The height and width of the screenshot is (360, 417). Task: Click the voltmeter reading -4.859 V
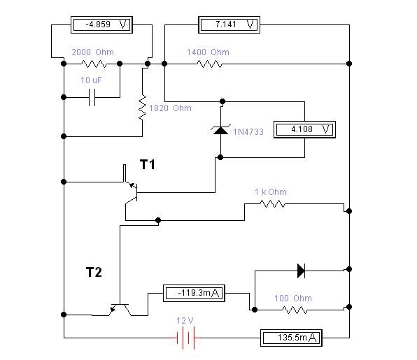click(101, 24)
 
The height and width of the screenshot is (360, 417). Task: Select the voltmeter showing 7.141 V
click(229, 24)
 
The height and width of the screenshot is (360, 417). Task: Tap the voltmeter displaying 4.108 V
click(304, 129)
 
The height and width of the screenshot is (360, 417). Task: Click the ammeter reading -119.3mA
click(194, 294)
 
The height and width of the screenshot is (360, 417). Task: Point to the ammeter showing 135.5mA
click(291, 338)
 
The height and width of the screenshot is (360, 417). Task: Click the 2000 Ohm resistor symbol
click(94, 64)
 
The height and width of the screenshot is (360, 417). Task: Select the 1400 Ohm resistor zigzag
click(209, 64)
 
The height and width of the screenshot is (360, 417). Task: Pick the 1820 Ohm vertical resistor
click(143, 108)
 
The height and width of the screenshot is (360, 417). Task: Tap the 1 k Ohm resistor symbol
click(272, 204)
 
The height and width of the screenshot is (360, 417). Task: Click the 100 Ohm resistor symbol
click(295, 310)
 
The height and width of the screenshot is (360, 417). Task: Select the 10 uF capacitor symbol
click(92, 97)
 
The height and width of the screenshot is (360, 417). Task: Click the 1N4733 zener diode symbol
click(220, 129)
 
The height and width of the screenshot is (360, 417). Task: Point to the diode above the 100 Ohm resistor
click(301, 271)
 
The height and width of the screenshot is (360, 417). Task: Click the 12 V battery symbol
click(186, 338)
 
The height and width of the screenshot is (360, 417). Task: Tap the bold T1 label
click(148, 165)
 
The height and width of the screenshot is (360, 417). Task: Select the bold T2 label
click(94, 273)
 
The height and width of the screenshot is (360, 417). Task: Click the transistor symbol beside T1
click(130, 192)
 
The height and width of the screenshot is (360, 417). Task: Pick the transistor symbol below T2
click(120, 310)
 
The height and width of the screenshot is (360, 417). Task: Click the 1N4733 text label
click(248, 132)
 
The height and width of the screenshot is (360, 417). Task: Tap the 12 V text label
click(185, 321)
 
